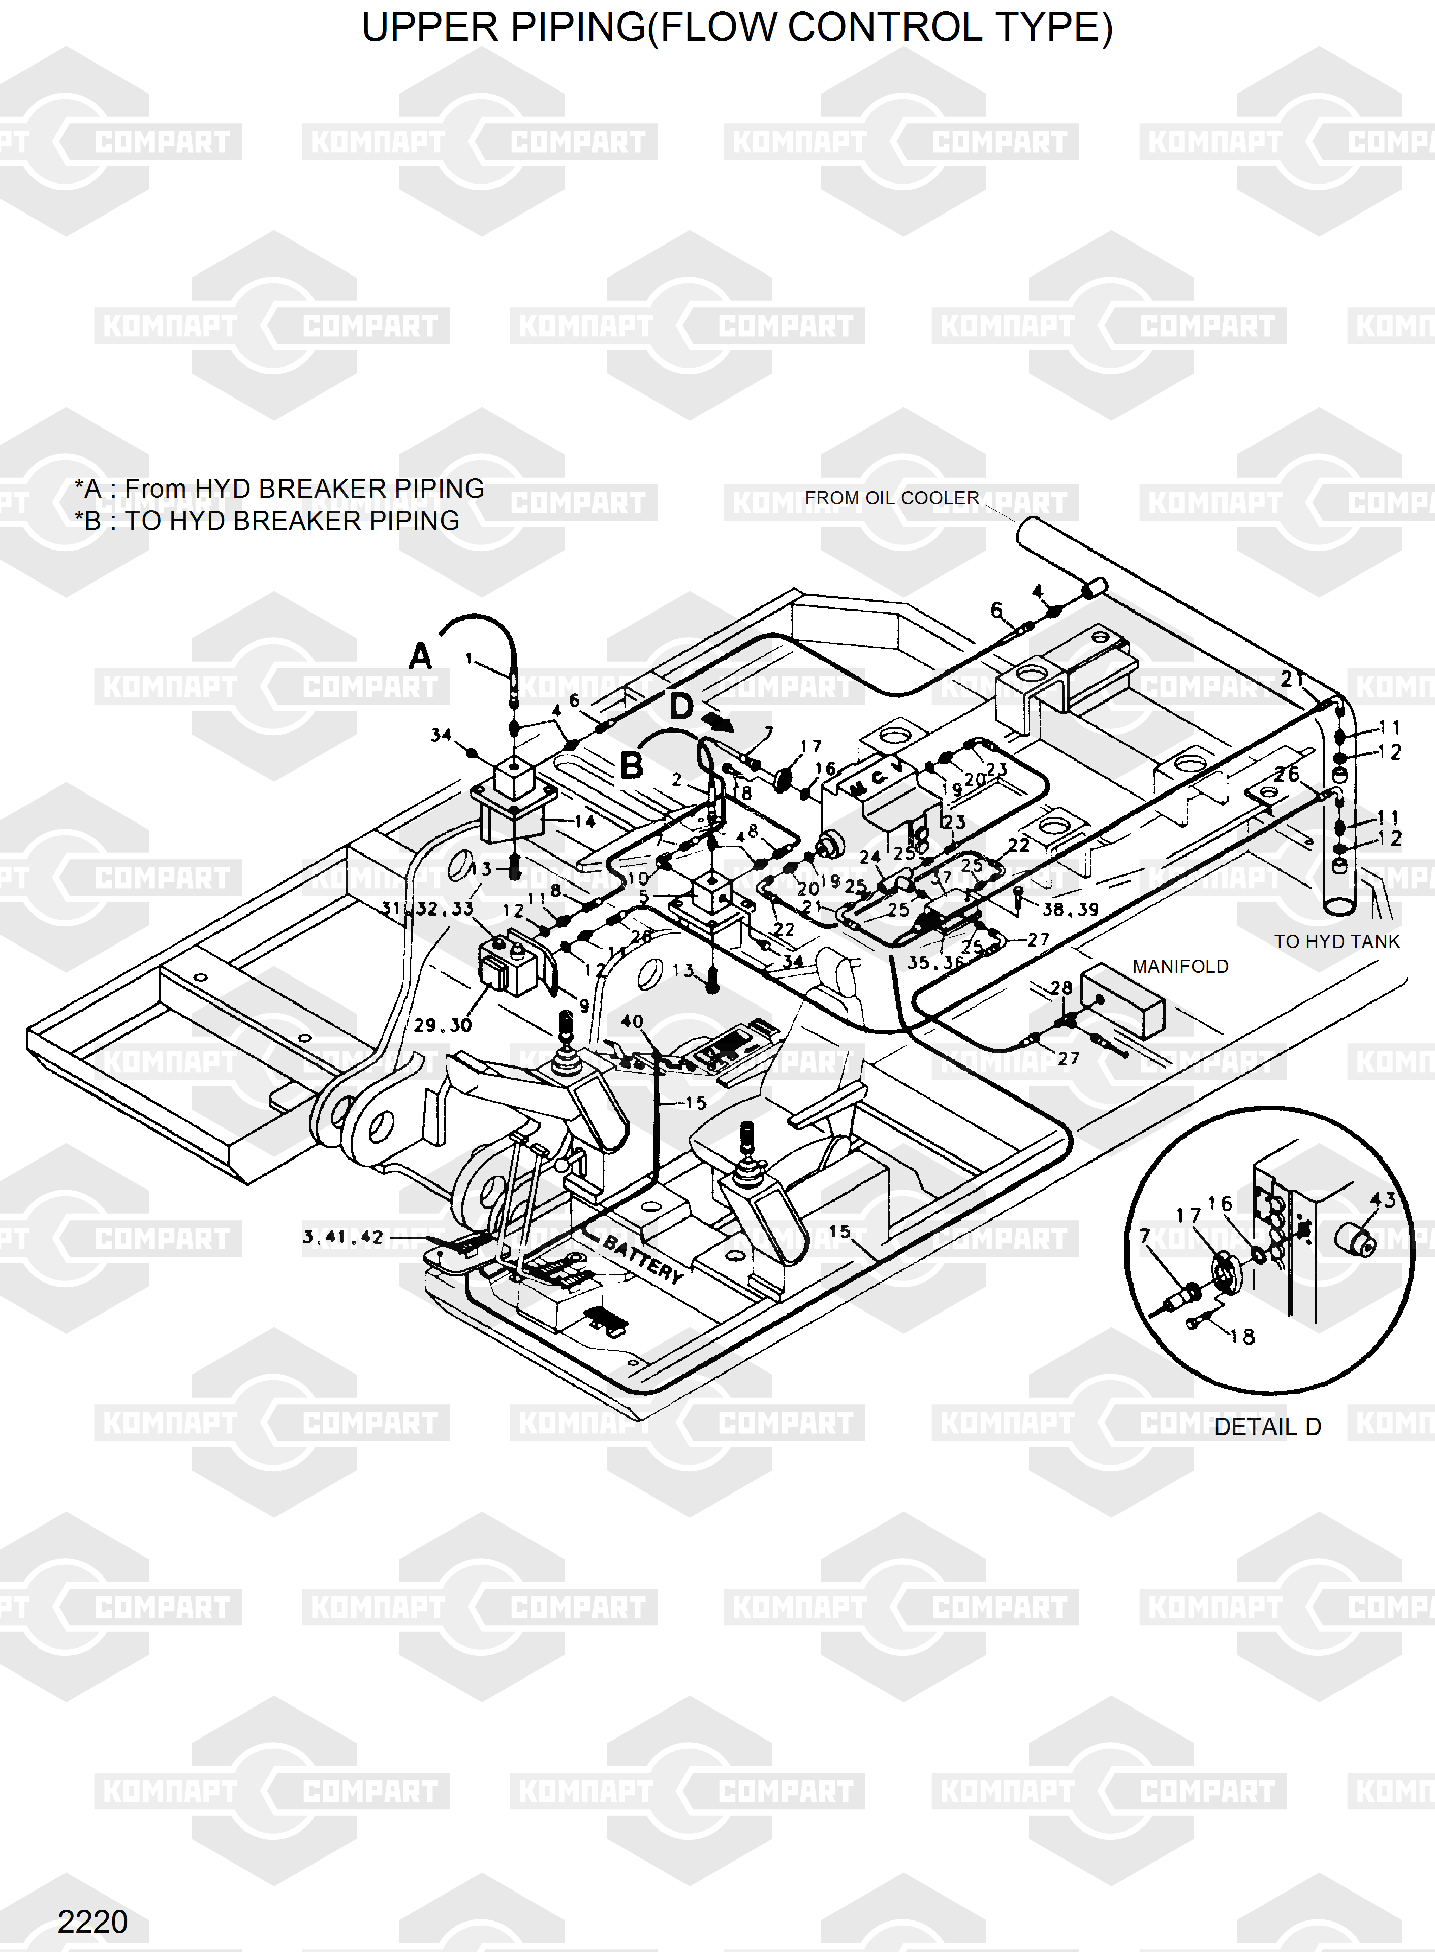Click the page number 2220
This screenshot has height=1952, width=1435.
coord(92,1921)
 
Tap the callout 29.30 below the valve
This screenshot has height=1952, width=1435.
coord(442,1025)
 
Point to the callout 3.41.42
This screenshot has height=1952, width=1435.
coord(343,1236)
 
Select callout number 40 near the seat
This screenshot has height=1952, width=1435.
coord(632,1021)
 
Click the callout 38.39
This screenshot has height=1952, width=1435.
coord(1070,909)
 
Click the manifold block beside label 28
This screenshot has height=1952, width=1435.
coord(1121,1001)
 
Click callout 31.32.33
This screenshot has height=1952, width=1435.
coord(427,909)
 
